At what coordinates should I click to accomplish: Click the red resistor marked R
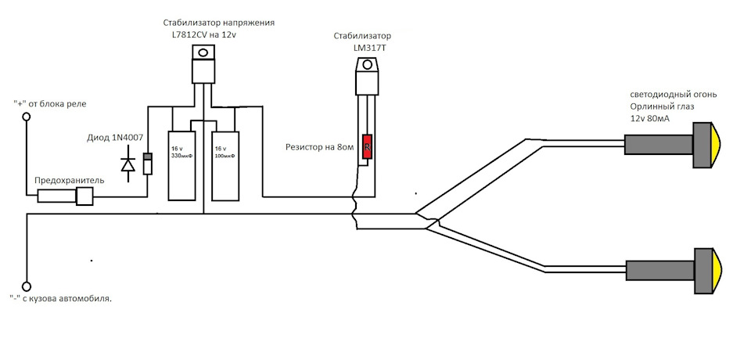pos(368,146)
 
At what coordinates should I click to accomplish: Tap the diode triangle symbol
pos(128,165)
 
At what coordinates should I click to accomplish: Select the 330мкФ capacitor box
pos(181,165)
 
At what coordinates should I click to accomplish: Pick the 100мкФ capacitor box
pos(225,165)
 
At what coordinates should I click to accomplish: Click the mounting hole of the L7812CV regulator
pos(203,52)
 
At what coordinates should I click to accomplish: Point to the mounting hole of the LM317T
pos(368,64)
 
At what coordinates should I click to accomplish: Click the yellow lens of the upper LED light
pos(716,146)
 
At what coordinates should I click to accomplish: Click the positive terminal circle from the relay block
pos(27,117)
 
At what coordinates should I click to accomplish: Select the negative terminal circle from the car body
pos(27,286)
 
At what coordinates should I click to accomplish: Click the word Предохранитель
pos(69,181)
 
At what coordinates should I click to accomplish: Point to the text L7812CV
pos(189,34)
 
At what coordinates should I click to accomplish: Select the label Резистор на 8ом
pos(319,147)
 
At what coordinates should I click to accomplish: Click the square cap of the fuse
pos(84,196)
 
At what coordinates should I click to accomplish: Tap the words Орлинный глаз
pos(659,106)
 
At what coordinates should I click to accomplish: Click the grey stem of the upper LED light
pos(659,144)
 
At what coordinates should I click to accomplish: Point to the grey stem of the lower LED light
pos(661,271)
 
